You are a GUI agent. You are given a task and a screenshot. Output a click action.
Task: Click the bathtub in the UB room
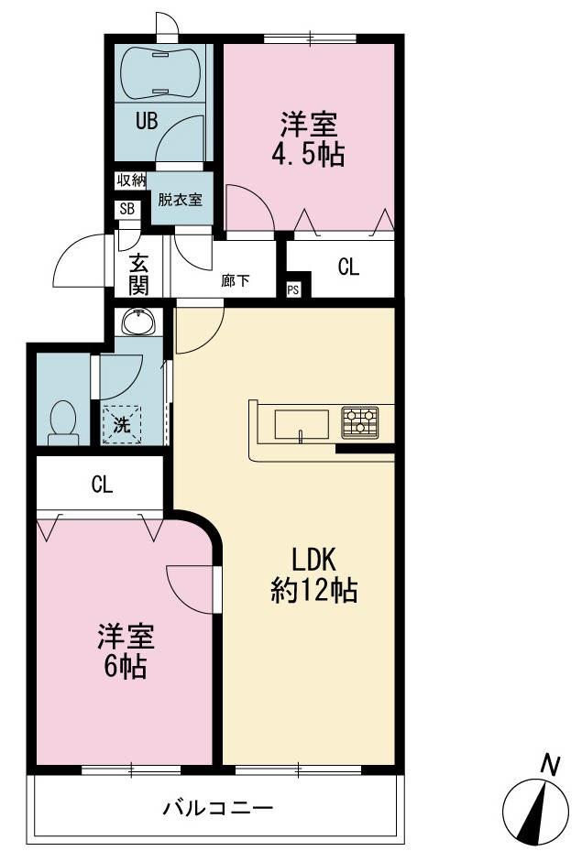[159, 73]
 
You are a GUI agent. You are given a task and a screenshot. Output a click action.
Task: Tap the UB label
[147, 121]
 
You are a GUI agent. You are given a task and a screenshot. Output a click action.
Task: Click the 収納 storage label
[130, 180]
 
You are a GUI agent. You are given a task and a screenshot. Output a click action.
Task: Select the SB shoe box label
[127, 209]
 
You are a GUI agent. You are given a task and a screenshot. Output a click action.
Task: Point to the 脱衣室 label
[181, 199]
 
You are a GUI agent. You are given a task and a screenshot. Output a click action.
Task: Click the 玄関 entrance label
[138, 275]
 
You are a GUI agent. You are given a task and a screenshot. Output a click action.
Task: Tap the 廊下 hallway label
[235, 281]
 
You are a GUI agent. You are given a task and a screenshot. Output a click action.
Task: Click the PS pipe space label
[292, 289]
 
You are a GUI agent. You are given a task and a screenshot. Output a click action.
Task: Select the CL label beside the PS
[348, 267]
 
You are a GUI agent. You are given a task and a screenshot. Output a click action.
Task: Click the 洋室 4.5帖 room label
[308, 139]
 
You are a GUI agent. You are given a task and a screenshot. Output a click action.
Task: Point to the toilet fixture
[62, 422]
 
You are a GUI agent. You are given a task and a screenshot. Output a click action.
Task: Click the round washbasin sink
[139, 321]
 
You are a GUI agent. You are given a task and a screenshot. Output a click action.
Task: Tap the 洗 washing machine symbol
[122, 424]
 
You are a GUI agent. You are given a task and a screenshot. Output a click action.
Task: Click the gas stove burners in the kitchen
[360, 422]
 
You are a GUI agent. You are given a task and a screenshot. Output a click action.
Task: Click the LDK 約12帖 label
[313, 575]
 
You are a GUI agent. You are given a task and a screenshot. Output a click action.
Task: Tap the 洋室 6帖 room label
[126, 651]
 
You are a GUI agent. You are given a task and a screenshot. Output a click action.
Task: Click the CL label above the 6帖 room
[103, 485]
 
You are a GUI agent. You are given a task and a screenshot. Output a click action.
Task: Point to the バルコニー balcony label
[218, 808]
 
